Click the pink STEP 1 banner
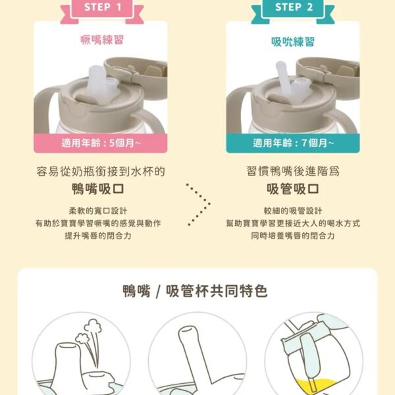pos(102,10)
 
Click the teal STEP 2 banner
pos(293,10)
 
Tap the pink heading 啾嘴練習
pos(102,40)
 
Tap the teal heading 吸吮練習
pos(293,42)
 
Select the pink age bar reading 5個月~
pos(101,143)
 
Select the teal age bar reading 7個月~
pos(293,143)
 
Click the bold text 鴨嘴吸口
pos(98,189)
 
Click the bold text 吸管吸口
pos(293,189)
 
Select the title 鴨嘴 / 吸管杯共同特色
pos(196,292)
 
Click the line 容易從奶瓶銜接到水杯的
pos(101,172)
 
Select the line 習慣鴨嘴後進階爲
pos(293,171)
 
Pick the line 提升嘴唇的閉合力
pos(98,236)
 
